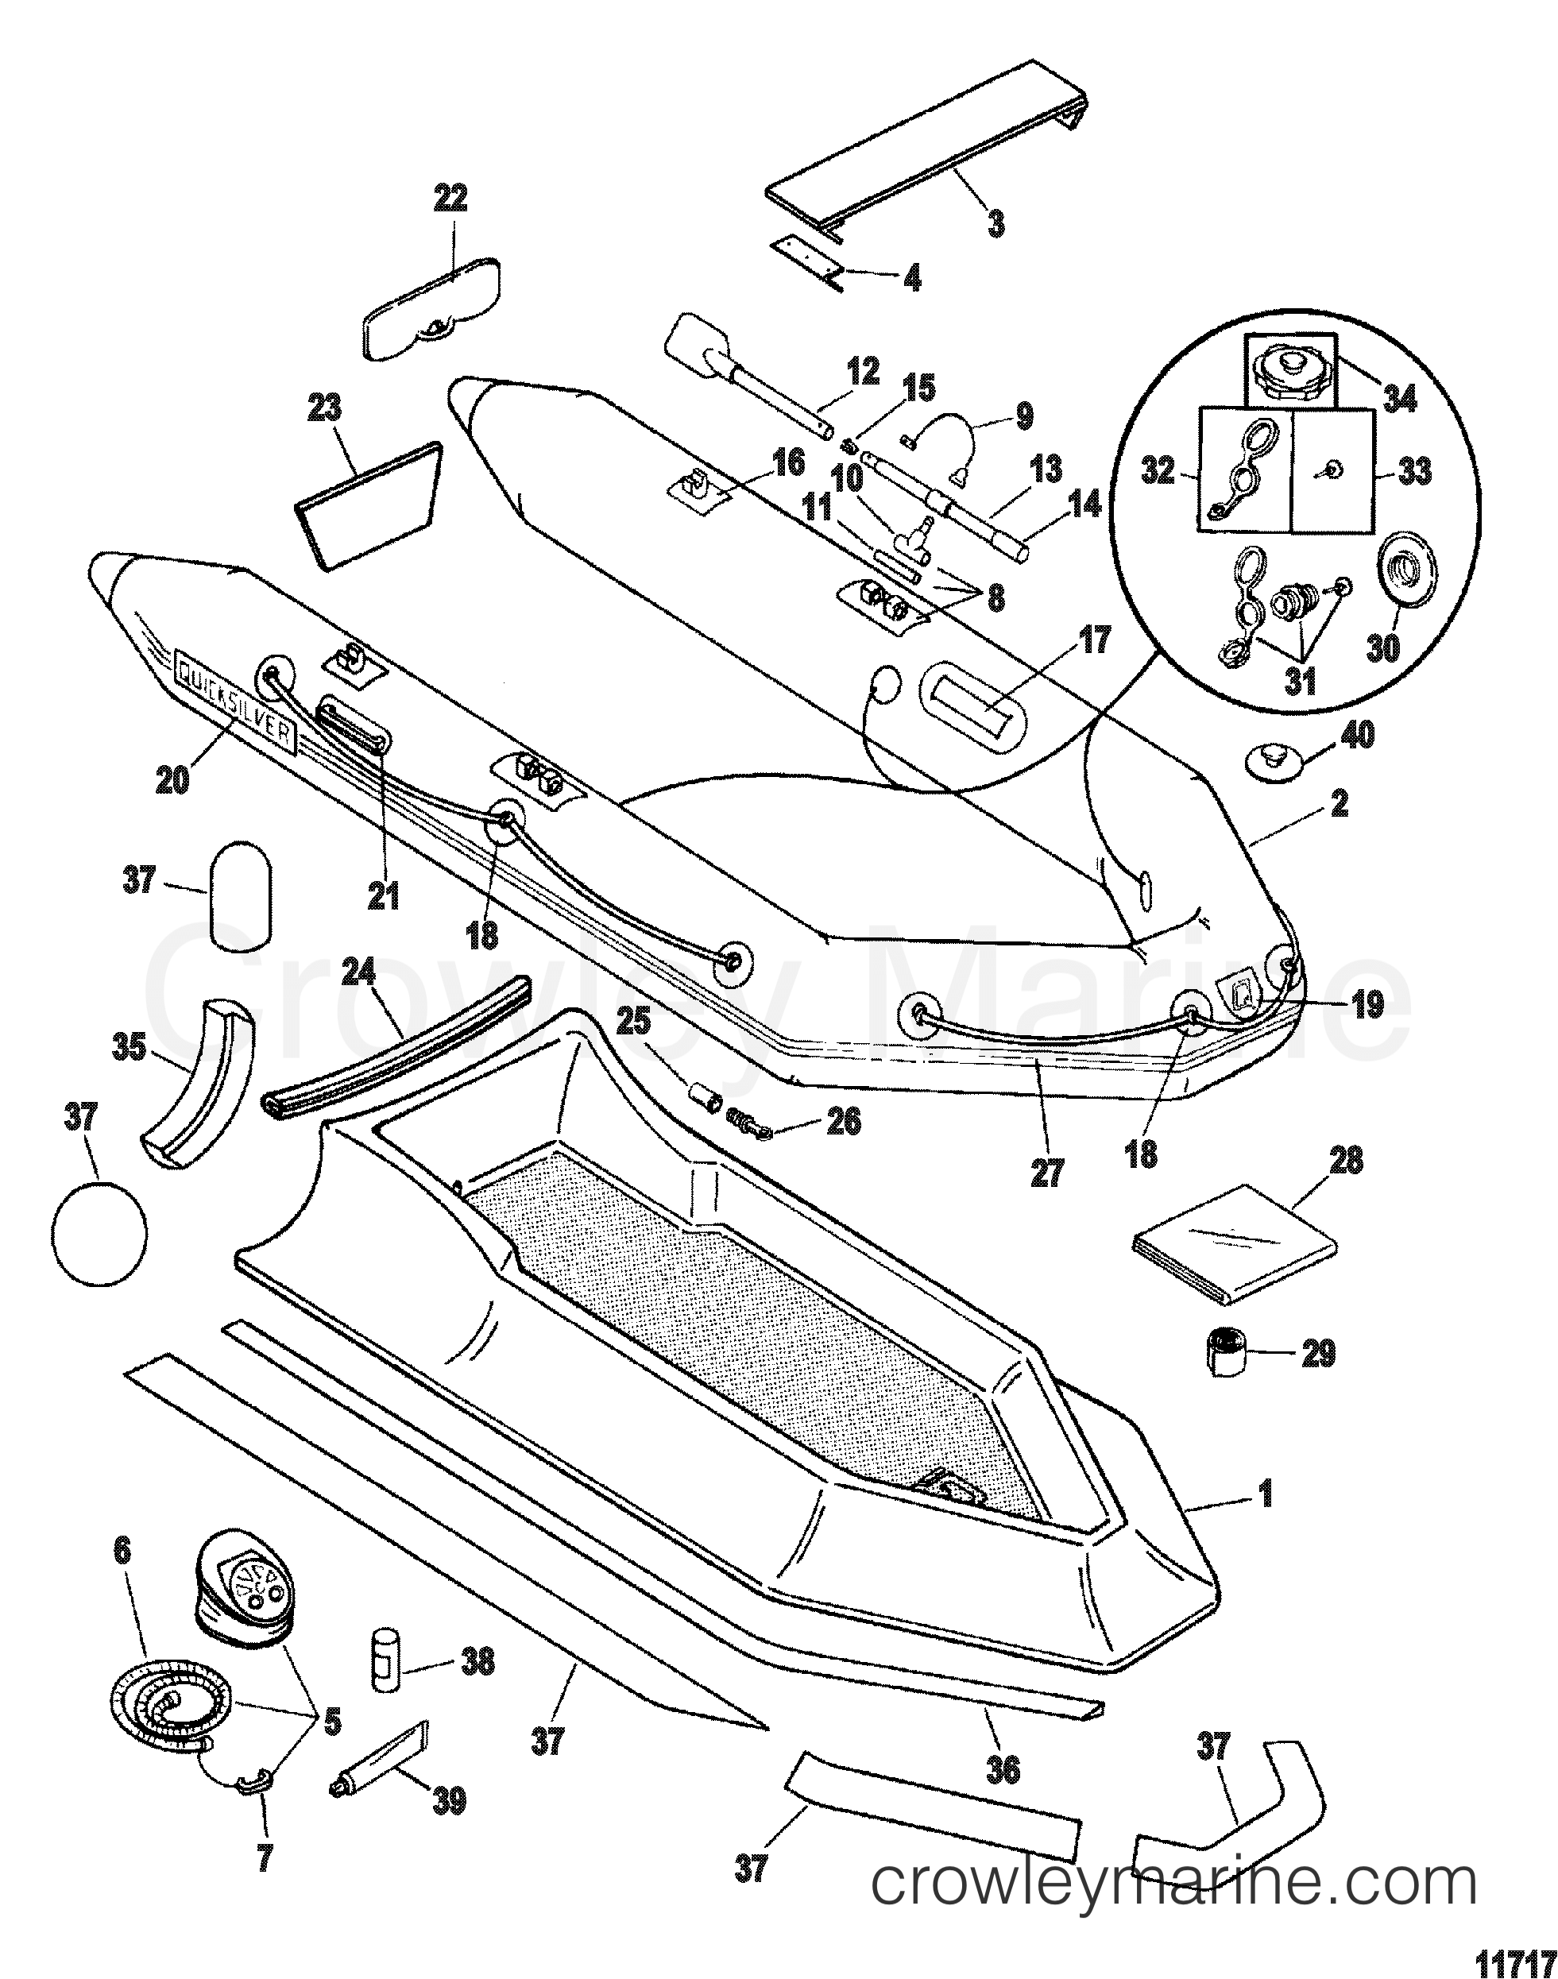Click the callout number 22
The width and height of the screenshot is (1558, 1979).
[450, 198]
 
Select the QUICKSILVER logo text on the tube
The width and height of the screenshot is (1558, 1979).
[235, 701]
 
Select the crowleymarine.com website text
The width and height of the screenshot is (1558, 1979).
[1173, 1882]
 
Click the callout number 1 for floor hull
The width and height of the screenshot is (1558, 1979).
[1265, 1494]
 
